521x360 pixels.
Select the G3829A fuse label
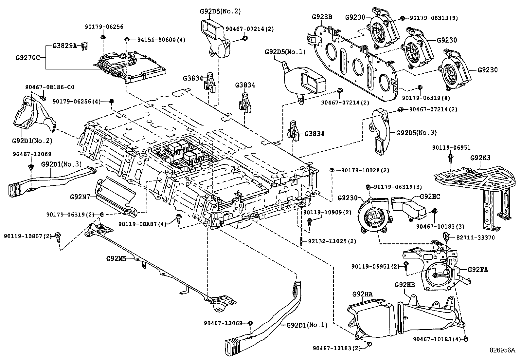(x=64, y=46)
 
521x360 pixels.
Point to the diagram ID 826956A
(x=502, y=350)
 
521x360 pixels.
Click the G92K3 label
(x=480, y=158)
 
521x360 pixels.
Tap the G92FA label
(x=477, y=270)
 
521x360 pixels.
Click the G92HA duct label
(x=363, y=294)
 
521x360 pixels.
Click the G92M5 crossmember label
(x=116, y=258)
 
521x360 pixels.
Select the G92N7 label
(x=80, y=197)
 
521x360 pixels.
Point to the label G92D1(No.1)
(x=307, y=325)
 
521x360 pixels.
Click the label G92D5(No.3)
(x=416, y=133)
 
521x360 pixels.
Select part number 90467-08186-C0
(x=50, y=87)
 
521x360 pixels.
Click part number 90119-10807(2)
(x=28, y=236)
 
